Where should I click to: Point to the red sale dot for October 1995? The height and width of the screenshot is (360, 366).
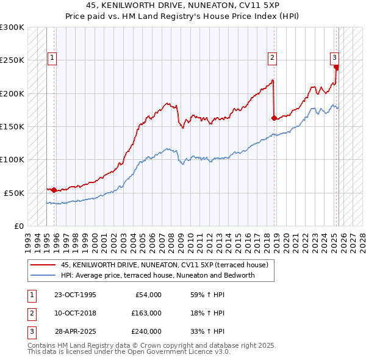click(54, 190)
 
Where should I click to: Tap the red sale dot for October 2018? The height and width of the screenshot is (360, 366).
click(274, 118)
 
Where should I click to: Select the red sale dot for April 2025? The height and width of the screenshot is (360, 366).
click(336, 67)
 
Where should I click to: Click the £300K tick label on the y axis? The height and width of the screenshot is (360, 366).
click(12, 27)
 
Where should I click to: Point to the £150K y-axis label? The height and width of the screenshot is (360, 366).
click(12, 126)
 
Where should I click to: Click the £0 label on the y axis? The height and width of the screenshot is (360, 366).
click(18, 226)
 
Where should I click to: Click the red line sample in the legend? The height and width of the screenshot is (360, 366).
click(43, 264)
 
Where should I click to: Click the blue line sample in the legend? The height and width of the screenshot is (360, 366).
click(43, 275)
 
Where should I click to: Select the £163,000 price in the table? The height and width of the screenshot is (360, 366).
click(146, 314)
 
